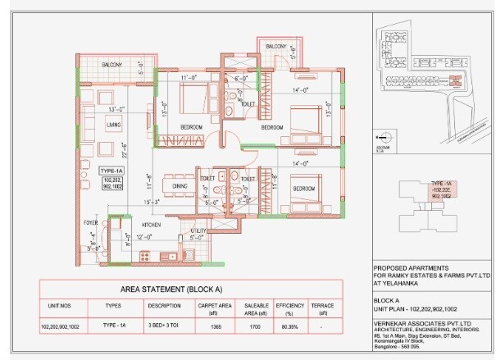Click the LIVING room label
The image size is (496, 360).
(x=113, y=124)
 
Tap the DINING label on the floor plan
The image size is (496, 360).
(x=180, y=186)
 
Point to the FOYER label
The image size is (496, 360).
(x=91, y=222)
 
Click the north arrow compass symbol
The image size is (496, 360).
(x=379, y=138)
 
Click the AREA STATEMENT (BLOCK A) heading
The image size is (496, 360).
(x=171, y=289)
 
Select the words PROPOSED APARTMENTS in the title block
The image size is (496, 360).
(x=409, y=267)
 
